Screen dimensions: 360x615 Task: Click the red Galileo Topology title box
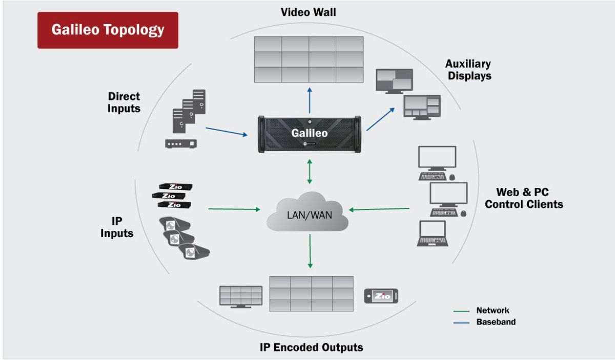108,30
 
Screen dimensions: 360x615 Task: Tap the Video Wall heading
309,12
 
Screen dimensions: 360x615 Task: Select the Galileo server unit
309,134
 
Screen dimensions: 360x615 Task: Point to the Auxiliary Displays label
468,70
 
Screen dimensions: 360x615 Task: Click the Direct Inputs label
124,102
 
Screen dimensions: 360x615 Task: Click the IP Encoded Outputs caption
311,347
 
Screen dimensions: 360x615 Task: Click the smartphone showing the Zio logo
381,296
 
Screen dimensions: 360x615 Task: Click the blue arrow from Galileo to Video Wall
309,99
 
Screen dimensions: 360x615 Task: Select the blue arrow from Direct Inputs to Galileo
226,132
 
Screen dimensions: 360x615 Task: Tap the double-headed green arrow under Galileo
309,172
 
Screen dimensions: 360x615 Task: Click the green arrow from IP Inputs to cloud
234,209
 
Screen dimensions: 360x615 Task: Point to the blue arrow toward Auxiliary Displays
381,119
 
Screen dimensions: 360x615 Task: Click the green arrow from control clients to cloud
379,208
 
